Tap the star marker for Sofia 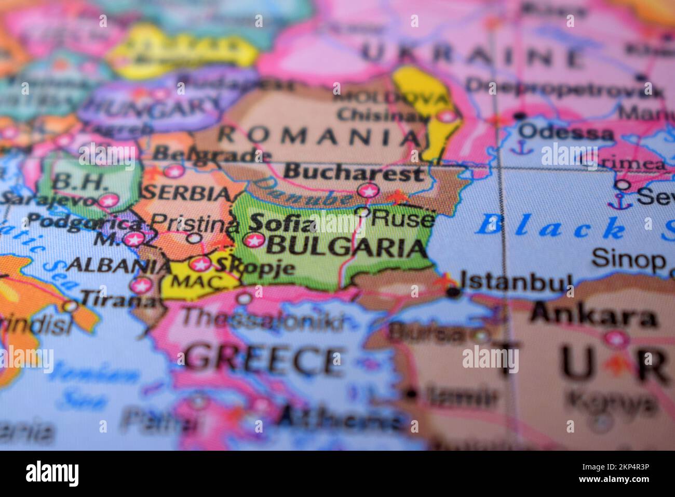[254, 240]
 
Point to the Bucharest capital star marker [368, 191]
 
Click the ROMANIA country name [319, 136]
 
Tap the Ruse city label [403, 219]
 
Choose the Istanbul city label [517, 281]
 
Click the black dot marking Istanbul [453, 293]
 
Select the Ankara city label [593, 316]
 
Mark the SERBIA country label [187, 193]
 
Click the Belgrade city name [206, 153]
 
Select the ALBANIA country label [119, 266]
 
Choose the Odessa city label [565, 132]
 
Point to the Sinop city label [628, 258]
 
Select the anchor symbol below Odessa [517, 148]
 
